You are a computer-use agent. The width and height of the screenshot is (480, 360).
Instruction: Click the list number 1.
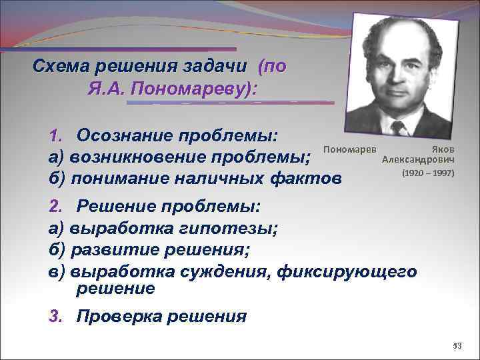(55, 136)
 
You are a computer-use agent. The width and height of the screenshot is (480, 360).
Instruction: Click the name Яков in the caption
(443, 150)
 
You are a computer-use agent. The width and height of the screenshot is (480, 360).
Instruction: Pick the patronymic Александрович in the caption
(418, 161)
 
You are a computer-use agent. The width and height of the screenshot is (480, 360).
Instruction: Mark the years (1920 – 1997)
(427, 173)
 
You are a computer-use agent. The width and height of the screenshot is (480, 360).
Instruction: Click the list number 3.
(55, 315)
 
